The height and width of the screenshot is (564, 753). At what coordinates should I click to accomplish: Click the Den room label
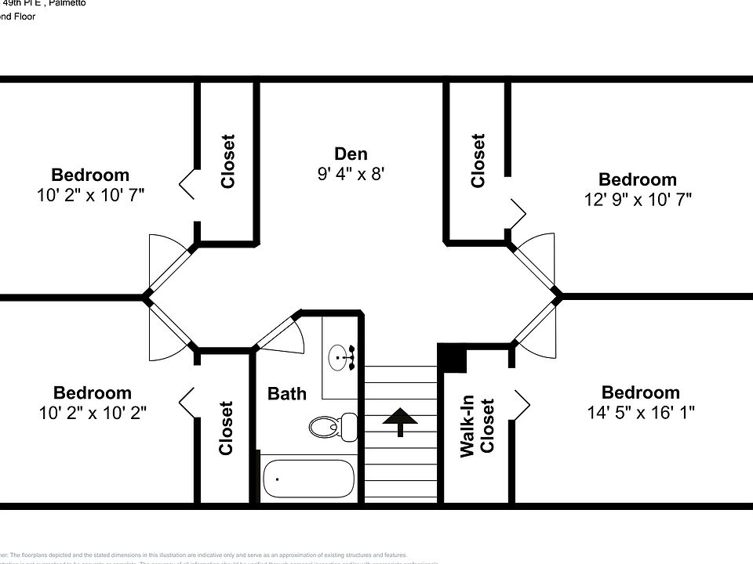point(351,154)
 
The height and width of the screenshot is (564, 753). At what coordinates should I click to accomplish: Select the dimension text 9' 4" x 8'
point(351,174)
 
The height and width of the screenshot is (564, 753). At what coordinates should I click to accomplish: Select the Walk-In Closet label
point(478,427)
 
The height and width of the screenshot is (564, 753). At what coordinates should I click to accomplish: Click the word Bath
point(287,393)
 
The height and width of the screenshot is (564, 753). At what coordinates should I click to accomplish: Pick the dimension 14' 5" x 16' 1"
point(640,412)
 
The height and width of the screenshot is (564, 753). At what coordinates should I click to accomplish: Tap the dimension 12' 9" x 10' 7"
point(637,200)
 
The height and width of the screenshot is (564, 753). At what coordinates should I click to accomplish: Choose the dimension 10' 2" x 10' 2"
point(92,412)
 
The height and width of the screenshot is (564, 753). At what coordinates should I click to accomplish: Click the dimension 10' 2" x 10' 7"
point(90,195)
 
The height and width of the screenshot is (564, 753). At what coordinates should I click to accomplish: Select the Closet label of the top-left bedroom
point(227,161)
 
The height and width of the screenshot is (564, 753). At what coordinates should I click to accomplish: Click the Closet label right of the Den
point(478,161)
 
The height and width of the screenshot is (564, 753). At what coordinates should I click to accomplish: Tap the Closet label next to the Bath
point(227,428)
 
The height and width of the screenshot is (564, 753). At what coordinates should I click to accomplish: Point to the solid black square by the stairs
point(452,358)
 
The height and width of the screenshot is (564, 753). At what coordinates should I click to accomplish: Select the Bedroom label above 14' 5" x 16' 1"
point(640,392)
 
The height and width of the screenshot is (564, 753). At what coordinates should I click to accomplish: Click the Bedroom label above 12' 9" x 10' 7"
point(637,179)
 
